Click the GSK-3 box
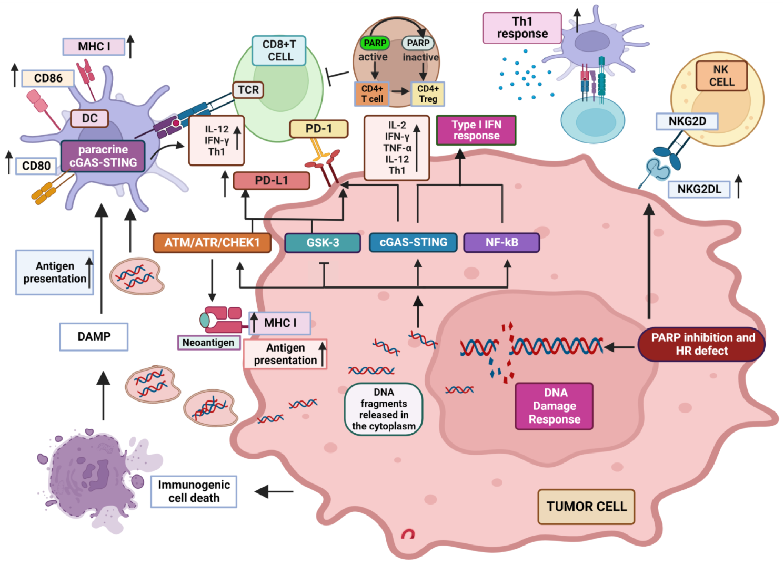[x=323, y=243]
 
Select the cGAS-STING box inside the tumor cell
[x=413, y=242]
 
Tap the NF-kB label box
[x=501, y=243]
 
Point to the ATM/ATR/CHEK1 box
[x=212, y=243]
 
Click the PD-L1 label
[x=272, y=181]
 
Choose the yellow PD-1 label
[x=318, y=129]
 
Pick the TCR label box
[x=248, y=90]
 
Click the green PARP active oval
[x=375, y=43]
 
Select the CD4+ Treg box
[x=428, y=94]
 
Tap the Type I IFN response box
[x=476, y=130]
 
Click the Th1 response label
[x=522, y=28]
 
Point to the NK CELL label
[x=721, y=76]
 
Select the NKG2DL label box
[x=699, y=189]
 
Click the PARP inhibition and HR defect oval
[x=701, y=344]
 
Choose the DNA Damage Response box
[x=554, y=406]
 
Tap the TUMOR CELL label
[x=586, y=507]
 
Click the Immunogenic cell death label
[x=194, y=491]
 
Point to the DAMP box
[x=94, y=336]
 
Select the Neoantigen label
[x=208, y=343]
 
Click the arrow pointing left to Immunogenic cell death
[x=274, y=491]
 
